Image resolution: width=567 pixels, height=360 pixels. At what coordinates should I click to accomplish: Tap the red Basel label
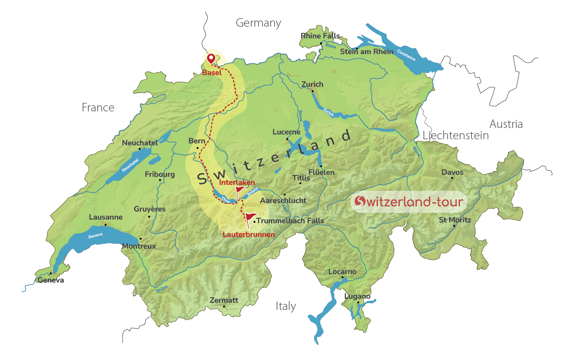pos(212,73)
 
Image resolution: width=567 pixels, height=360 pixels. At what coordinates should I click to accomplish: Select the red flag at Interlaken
pos(240,190)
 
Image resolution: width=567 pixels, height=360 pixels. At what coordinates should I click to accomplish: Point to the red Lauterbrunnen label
pos(248,234)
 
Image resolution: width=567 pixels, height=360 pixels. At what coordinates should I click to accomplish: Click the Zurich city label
pos(313,84)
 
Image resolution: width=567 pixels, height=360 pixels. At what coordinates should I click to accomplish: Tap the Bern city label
pos(197,141)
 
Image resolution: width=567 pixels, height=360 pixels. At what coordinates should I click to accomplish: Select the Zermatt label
pos(224,300)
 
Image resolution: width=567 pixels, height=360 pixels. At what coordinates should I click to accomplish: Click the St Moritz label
pos(455,220)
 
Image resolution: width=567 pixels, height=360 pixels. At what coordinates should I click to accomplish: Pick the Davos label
pos(452,172)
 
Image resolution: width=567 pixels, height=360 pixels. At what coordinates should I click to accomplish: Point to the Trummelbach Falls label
pos(290,221)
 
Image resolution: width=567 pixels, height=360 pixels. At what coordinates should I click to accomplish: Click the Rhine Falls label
pos(320,36)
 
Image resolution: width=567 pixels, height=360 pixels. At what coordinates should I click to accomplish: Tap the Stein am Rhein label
pos(367,52)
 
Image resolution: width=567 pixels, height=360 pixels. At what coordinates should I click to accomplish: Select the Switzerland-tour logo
pos(409,201)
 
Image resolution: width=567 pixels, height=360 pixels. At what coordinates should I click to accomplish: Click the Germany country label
pos(258,23)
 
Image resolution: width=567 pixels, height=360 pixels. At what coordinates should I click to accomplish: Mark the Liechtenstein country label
pos(456,136)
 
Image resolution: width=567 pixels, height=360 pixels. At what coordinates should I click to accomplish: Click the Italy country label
pos(286,306)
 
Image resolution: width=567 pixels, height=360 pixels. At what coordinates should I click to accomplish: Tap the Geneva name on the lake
pos(96,236)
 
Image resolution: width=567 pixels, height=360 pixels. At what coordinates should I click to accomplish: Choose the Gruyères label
pos(150,209)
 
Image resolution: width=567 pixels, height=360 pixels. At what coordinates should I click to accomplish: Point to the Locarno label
pos(342,272)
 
